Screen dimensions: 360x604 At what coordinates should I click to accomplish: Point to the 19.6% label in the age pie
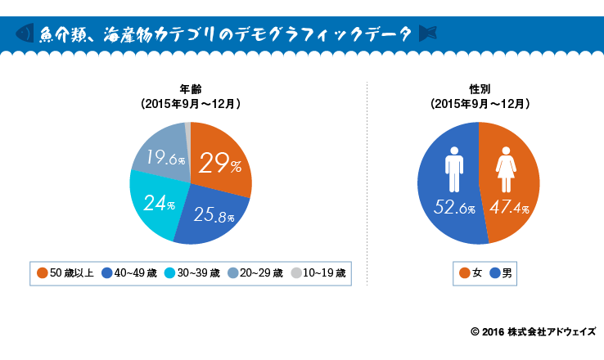pos(165,157)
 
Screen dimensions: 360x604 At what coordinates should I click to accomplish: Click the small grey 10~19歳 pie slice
pos(188,127)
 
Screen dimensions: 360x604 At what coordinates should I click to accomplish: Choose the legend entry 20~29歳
pos(256,272)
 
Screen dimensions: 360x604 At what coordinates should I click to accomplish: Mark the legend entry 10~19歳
pos(319,272)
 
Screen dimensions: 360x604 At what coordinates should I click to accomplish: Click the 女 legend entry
pos(470,272)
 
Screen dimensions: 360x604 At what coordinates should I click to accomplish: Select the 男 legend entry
pos(499,272)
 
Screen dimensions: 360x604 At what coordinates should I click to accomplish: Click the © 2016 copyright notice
pos(533,332)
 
